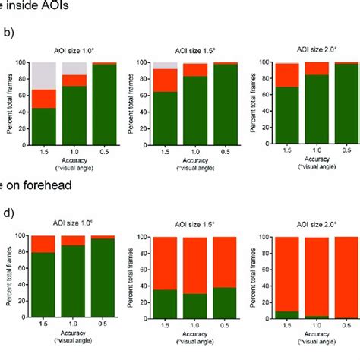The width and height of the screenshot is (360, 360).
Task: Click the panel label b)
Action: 8,33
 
